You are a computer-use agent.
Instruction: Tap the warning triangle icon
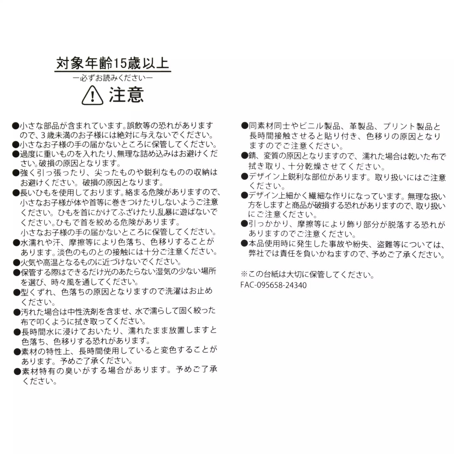pos(92,96)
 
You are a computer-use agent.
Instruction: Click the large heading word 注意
pos(126,95)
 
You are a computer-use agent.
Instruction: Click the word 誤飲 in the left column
pos(134,126)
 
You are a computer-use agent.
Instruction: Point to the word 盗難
pos(381,244)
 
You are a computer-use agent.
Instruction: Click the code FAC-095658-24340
pos(273,285)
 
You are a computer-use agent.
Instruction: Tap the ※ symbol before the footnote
pos(244,275)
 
